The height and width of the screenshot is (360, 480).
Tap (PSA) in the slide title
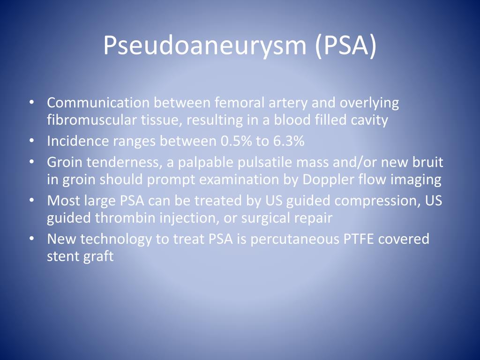point(345,45)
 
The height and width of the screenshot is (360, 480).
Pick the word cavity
point(370,120)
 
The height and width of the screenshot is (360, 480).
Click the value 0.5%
point(234,141)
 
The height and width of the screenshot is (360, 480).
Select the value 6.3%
point(286,141)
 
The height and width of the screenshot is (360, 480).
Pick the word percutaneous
point(287,239)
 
